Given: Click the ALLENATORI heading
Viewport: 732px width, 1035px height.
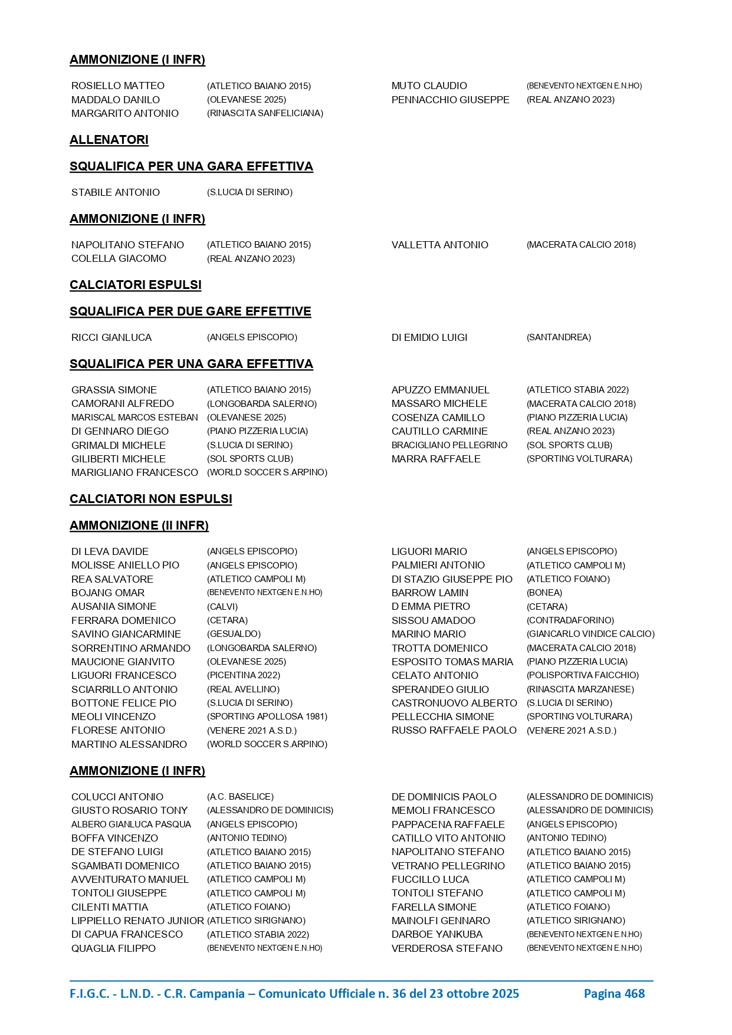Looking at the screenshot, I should [x=109, y=140].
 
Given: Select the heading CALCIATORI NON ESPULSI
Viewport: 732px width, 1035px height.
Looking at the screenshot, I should [x=151, y=499].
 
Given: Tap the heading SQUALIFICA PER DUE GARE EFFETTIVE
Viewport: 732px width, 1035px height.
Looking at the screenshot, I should [x=191, y=311].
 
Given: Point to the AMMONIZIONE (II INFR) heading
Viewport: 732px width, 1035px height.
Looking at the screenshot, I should [x=139, y=525].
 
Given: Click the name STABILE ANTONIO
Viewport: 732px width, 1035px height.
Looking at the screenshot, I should [x=116, y=192].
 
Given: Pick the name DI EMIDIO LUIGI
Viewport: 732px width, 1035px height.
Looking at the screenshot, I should [x=429, y=337].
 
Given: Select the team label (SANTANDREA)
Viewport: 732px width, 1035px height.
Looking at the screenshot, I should [x=559, y=337].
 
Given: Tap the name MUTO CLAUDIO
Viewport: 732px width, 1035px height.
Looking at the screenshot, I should [x=429, y=86].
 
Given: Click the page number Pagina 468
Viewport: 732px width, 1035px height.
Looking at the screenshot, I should [x=614, y=994].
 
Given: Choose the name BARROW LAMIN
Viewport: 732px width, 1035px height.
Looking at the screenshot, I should [x=430, y=593].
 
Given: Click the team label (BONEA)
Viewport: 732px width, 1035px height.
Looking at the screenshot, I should [x=544, y=593].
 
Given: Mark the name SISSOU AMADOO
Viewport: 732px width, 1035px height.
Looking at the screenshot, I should [x=434, y=620].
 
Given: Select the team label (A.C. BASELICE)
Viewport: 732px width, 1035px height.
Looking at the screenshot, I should [x=240, y=797].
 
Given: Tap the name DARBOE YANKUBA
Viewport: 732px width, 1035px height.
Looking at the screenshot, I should [x=437, y=934].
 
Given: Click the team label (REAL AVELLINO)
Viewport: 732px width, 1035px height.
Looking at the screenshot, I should [x=243, y=689].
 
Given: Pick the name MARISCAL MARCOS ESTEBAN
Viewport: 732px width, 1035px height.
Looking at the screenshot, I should [x=134, y=418].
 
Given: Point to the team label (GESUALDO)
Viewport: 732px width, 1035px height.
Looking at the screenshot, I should [x=234, y=634].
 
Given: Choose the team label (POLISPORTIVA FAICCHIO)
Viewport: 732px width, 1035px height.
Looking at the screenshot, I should [x=583, y=675].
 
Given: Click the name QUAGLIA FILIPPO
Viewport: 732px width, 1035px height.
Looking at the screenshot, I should [x=114, y=948].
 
